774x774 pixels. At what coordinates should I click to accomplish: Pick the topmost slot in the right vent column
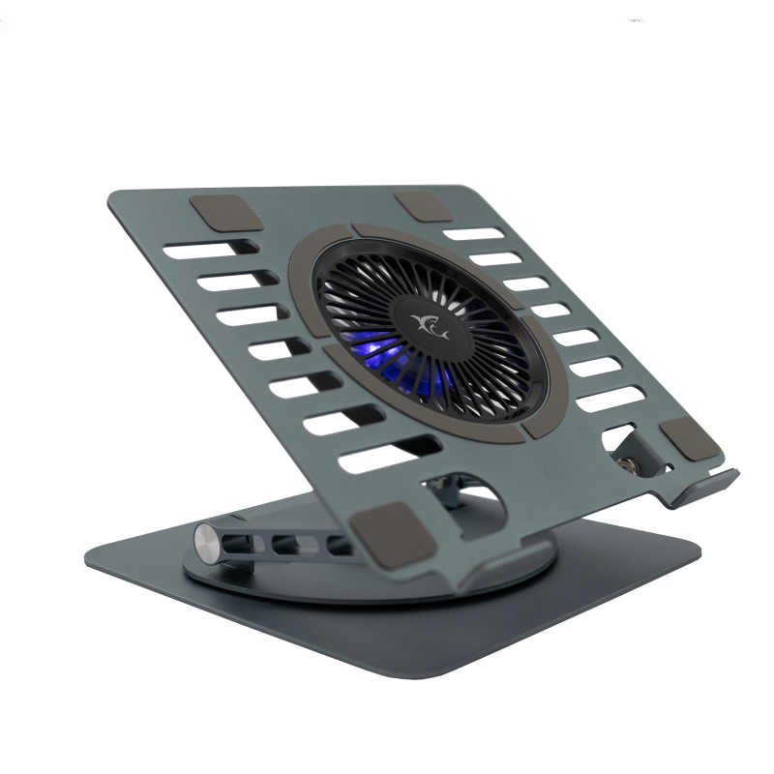pyautogui.click(x=474, y=234)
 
